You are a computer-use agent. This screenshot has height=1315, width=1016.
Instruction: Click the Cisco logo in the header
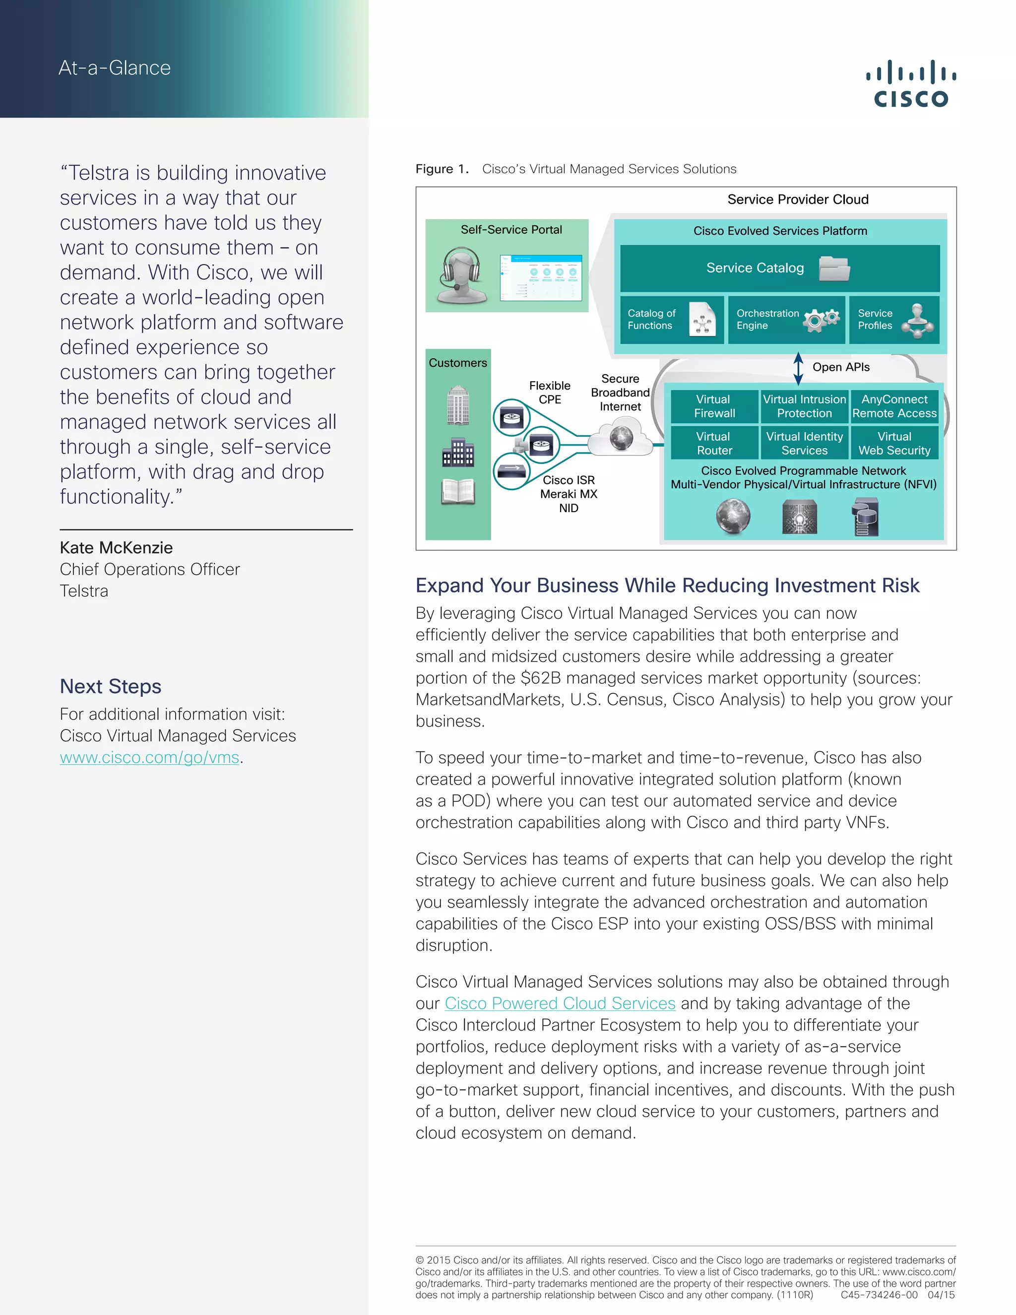coord(911,84)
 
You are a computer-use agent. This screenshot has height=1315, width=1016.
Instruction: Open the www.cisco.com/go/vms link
coord(149,757)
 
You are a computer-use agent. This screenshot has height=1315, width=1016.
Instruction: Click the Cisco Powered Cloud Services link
coord(560,1003)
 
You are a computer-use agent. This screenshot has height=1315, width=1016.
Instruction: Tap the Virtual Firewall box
coord(714,406)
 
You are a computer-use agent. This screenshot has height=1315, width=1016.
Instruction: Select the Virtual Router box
coord(714,443)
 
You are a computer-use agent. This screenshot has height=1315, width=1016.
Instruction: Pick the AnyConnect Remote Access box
coord(894,406)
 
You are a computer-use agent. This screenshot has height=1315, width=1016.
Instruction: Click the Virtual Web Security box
coord(894,443)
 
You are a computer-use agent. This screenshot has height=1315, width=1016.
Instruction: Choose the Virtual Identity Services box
coord(804,443)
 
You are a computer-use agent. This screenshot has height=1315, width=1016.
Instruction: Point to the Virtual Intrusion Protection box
coord(804,406)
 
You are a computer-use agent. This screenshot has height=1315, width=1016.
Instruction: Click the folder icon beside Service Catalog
coord(834,268)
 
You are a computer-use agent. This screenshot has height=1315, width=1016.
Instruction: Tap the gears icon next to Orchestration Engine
coord(821,319)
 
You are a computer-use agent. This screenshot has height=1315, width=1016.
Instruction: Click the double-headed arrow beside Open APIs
coord(798,368)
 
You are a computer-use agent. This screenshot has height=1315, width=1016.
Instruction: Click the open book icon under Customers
coord(458,491)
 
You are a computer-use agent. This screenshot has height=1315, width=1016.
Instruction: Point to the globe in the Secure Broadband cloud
coord(621,438)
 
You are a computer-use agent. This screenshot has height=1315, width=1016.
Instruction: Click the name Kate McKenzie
coord(116,547)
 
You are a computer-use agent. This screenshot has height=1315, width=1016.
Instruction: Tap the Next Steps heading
coord(111,686)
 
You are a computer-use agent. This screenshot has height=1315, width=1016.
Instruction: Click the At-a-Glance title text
coord(115,68)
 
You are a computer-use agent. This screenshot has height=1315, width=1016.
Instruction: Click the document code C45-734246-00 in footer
coord(879,1295)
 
